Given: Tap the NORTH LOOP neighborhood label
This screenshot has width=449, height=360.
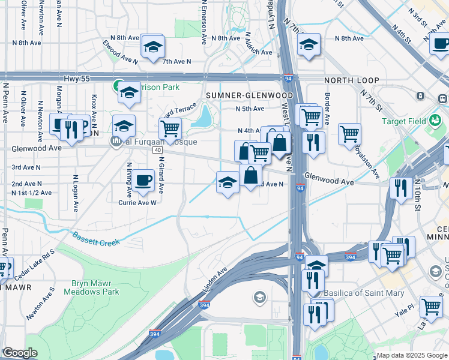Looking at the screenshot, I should (351, 80).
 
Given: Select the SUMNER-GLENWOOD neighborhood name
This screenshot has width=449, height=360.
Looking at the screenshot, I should (249, 95).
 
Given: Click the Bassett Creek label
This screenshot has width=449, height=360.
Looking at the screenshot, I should (97, 239).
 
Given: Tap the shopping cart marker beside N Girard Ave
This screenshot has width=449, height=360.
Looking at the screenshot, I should (170, 128).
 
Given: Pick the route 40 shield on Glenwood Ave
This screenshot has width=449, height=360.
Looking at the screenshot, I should (157, 149).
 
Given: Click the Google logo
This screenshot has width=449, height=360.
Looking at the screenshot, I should (20, 353).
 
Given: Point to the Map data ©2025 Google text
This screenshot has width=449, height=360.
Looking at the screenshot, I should (412, 355).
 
